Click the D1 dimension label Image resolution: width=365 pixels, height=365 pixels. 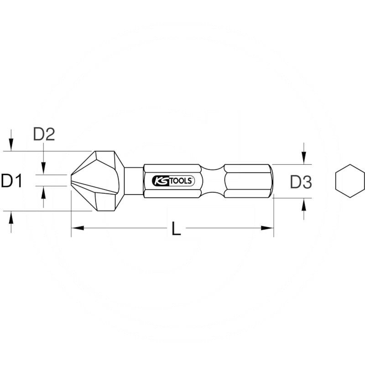(12, 181)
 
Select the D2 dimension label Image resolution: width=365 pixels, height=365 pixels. (44, 134)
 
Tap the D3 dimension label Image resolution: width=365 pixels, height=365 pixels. (301, 182)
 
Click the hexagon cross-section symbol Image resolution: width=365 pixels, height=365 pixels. (350, 182)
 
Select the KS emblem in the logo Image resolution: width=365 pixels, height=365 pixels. (162, 181)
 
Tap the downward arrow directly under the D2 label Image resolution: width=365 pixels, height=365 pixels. (43, 167)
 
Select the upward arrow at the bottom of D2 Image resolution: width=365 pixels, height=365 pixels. (43, 193)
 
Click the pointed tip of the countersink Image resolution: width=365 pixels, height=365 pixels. (73, 181)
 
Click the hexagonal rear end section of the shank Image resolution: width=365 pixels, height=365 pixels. (249, 181)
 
